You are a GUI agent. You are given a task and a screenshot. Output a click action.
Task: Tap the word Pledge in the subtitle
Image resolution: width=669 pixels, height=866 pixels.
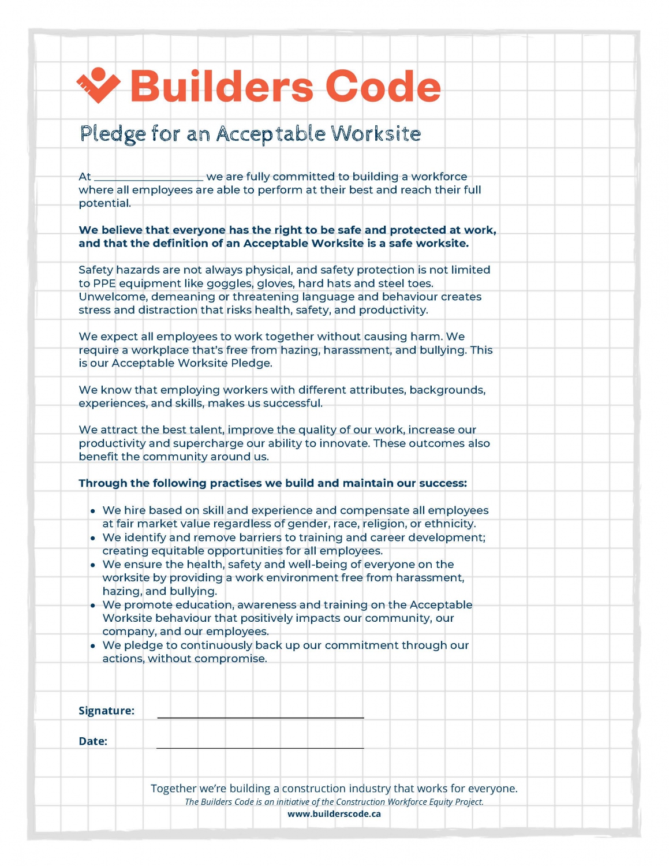tap(113, 134)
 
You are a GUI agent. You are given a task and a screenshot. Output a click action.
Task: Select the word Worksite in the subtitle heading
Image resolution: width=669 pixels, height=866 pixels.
tap(376, 133)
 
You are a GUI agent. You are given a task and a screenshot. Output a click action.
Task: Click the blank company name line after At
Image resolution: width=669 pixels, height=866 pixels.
tap(148, 177)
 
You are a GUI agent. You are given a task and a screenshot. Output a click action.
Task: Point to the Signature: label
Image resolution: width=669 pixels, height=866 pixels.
tap(106, 711)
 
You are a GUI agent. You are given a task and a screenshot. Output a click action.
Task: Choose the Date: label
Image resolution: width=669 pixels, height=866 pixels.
tap(93, 741)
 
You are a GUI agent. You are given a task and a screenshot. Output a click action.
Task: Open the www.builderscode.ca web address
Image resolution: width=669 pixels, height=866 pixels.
tap(334, 814)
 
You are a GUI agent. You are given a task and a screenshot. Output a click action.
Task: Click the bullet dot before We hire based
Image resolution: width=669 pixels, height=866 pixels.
tap(93, 512)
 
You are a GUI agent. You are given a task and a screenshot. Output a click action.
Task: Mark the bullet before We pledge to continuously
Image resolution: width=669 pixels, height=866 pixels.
tap(93, 646)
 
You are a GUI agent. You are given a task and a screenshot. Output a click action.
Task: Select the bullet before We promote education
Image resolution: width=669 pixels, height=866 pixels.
tap(93, 606)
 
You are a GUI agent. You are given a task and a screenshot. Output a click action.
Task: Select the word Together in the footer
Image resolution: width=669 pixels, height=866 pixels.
tap(173, 789)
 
